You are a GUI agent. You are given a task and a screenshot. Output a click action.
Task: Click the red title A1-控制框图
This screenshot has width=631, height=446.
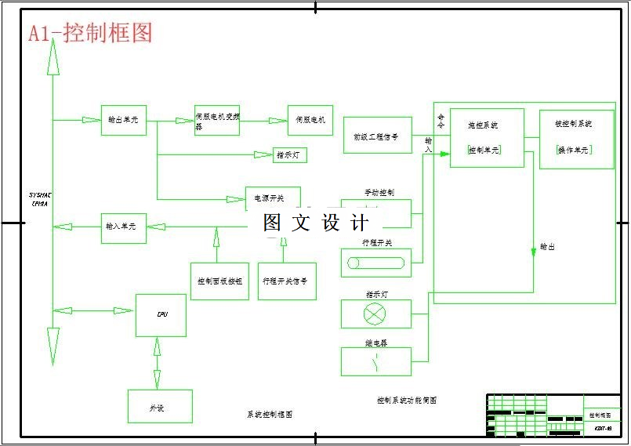(x=90, y=33)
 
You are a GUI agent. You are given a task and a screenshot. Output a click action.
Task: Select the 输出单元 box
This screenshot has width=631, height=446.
(x=123, y=120)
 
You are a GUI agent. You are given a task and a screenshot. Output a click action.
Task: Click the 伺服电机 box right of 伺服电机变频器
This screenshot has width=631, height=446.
(x=310, y=121)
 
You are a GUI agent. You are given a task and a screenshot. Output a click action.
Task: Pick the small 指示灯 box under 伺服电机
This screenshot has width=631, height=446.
(x=290, y=155)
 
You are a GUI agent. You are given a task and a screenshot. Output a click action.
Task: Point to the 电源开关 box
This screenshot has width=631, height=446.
(x=273, y=198)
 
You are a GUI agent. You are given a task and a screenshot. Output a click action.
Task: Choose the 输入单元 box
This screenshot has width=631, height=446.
(x=123, y=227)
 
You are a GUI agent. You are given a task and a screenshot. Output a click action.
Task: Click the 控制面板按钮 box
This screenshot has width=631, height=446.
(x=220, y=281)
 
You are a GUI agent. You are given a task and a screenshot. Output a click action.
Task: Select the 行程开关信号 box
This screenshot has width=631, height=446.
(x=287, y=281)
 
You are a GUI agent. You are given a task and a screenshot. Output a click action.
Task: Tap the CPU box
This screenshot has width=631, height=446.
(x=161, y=315)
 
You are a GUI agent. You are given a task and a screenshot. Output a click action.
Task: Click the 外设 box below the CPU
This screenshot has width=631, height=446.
(x=160, y=407)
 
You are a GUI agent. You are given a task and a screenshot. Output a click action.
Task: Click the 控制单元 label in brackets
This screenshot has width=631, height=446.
(x=484, y=150)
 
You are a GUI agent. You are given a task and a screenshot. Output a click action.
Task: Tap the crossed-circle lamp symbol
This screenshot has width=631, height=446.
(x=376, y=314)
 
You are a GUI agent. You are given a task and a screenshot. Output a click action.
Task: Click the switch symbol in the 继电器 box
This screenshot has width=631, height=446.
(x=376, y=361)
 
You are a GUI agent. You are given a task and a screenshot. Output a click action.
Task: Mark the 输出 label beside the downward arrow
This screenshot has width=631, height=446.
(x=547, y=247)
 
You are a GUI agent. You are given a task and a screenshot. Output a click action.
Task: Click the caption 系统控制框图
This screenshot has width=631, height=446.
(x=269, y=414)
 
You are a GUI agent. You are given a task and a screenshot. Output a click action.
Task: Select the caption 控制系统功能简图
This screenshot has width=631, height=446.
(x=406, y=401)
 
